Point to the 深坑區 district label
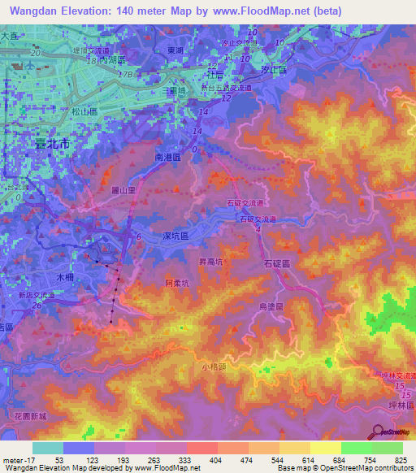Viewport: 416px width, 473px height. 175,236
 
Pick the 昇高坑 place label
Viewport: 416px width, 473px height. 214,262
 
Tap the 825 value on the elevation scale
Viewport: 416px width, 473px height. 399,461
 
